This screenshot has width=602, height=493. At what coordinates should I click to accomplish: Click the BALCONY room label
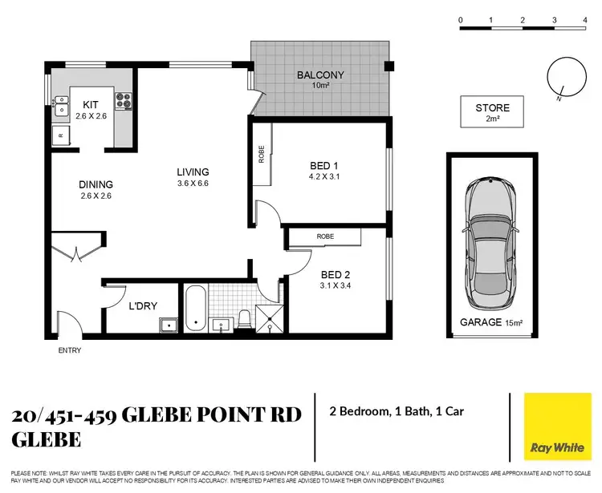pos(320,75)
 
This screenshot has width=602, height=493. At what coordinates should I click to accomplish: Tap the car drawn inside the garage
pos(490,237)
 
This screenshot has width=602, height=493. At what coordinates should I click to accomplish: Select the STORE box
pos(492,112)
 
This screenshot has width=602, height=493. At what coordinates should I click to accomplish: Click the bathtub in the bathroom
pos(194,309)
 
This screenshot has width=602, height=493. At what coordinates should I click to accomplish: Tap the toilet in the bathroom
pos(245,320)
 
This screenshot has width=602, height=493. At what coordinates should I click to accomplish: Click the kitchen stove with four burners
pos(124,101)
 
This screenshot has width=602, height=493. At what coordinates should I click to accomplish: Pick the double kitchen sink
pos(61,105)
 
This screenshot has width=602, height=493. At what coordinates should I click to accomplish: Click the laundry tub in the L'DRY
pos(168,324)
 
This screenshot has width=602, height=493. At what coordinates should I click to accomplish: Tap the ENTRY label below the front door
pos(69,350)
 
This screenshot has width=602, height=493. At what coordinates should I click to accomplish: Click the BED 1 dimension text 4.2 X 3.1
pos(325,177)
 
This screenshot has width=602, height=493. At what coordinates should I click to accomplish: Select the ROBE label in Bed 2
pos(325,236)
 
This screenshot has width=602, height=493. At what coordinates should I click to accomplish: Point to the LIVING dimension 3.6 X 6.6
pos(193,184)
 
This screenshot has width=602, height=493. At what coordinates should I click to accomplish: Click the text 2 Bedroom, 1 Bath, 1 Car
pos(397,412)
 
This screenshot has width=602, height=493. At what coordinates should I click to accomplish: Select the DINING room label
pos(96,184)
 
